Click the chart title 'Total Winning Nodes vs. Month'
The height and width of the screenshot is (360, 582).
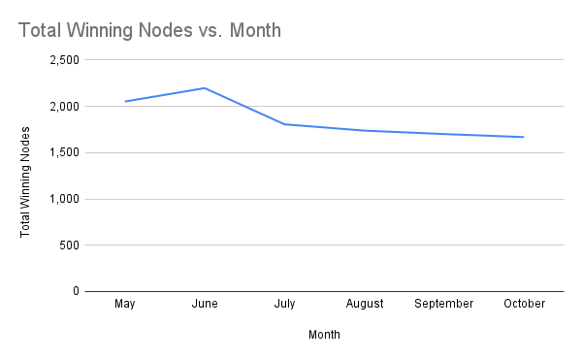149,30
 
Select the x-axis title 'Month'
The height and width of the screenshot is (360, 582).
324,335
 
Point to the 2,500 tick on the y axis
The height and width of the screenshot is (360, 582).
62,60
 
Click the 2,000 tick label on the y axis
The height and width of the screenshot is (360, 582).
62,107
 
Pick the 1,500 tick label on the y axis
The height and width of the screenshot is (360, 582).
62,152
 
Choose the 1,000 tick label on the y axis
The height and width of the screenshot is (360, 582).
62,199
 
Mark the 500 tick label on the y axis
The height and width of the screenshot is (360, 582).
68,245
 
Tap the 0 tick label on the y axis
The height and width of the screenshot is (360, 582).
74,291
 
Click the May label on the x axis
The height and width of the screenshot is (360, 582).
125,304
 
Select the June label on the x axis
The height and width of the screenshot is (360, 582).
205,304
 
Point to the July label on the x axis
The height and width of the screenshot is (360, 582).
284,304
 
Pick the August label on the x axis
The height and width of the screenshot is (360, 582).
364,304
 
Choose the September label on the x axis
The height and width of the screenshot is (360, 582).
443,304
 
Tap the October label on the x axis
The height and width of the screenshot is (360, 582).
524,304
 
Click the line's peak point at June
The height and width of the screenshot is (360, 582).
205,88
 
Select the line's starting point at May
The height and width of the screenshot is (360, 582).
125,101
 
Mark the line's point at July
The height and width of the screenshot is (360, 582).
284,124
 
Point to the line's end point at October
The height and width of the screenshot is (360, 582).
524,137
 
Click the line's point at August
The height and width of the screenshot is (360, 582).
364,130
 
